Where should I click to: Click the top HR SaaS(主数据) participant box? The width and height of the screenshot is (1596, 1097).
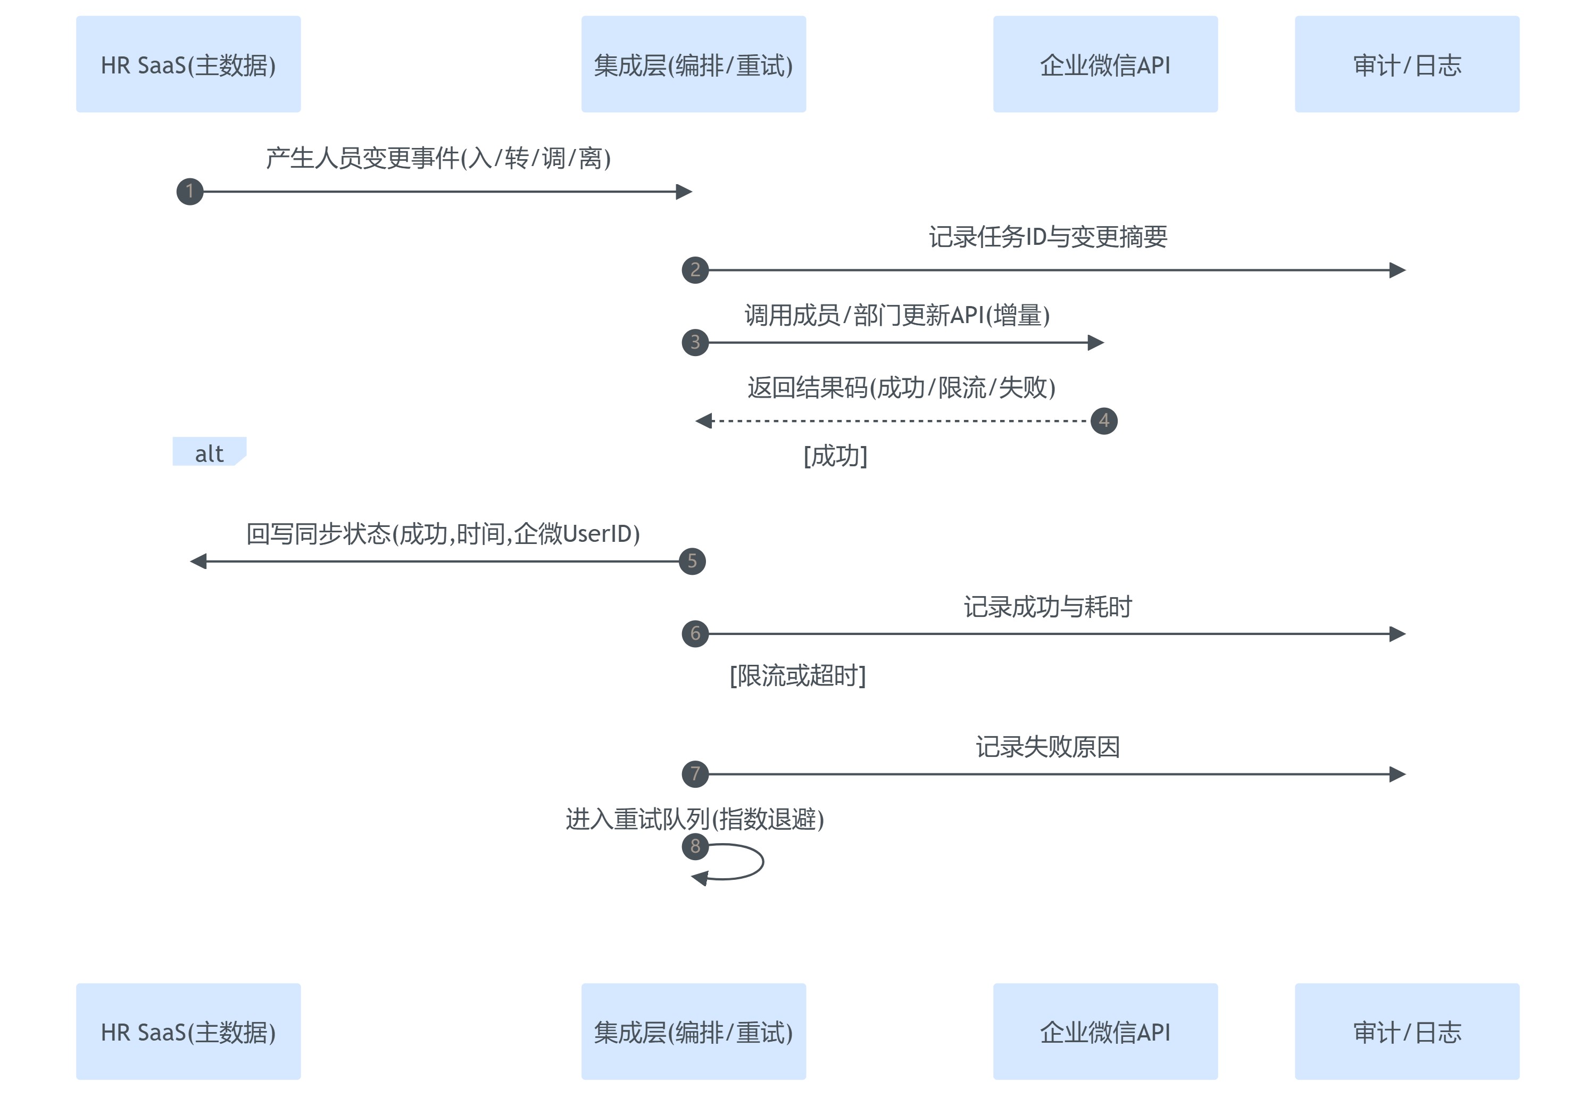188,64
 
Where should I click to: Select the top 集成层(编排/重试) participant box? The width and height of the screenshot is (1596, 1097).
693,64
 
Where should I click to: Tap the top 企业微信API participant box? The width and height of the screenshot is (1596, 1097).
1105,64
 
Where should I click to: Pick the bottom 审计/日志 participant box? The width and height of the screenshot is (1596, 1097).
1407,1031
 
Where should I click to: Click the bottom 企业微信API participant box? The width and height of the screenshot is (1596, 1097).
1105,1031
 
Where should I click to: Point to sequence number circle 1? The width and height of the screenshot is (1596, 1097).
189,191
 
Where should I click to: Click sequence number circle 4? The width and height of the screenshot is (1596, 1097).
1104,420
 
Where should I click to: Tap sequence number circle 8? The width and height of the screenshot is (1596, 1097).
695,846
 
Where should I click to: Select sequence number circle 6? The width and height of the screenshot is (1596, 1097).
695,633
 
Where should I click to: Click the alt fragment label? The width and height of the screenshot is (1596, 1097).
209,453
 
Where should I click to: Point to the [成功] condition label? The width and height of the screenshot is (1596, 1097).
835,456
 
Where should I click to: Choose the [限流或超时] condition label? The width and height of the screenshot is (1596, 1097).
797,675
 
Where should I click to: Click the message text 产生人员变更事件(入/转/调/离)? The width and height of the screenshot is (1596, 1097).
438,158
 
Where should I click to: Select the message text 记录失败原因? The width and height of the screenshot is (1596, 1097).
1048,747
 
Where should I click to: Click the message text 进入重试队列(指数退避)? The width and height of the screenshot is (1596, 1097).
695,819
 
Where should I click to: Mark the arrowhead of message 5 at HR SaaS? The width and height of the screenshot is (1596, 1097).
198,562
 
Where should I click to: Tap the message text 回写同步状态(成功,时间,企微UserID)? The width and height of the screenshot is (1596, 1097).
443,534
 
